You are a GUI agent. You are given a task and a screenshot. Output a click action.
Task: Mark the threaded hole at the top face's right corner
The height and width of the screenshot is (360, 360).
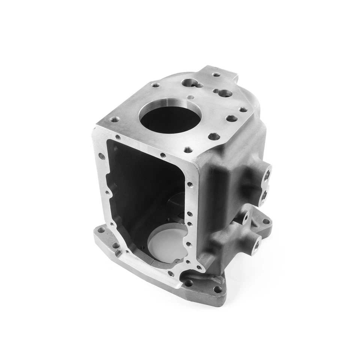[x=243, y=110]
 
